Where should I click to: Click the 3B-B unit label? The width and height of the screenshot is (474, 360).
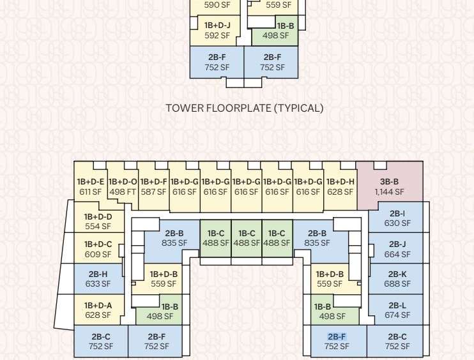[x=389, y=182]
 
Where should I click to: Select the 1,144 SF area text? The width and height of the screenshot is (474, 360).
[x=389, y=191]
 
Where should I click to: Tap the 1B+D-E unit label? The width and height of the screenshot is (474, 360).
[x=91, y=182]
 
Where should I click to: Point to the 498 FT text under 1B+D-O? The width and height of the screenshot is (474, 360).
[x=123, y=191]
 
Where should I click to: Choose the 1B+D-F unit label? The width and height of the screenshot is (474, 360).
[x=153, y=182]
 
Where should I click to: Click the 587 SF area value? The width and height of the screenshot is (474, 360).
[x=153, y=191]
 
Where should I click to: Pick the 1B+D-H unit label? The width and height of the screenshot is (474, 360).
[x=340, y=182]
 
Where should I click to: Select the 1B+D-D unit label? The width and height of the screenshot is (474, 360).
[x=98, y=216]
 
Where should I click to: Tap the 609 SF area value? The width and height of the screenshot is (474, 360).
[x=98, y=254]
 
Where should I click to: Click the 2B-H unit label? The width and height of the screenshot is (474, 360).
[x=98, y=274]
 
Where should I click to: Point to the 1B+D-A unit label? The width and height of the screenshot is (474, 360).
[x=98, y=305]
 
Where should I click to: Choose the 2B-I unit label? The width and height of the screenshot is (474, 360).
[x=397, y=214]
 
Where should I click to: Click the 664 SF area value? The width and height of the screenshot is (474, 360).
[x=397, y=255]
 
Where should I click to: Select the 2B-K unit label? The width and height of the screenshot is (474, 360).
[x=397, y=274]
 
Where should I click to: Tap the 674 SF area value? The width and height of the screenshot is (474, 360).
[x=397, y=315]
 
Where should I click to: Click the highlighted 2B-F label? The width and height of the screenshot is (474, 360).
[x=337, y=337]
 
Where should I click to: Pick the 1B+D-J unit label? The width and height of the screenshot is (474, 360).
[x=217, y=26]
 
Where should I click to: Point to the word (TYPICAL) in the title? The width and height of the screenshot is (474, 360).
[x=298, y=108]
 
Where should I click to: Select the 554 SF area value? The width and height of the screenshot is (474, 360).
[x=98, y=226]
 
